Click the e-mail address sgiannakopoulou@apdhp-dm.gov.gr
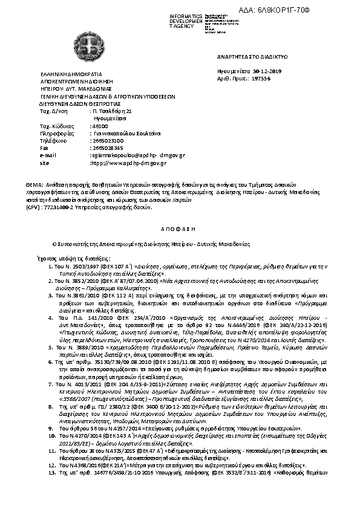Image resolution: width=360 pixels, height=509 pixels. [x=137, y=155]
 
